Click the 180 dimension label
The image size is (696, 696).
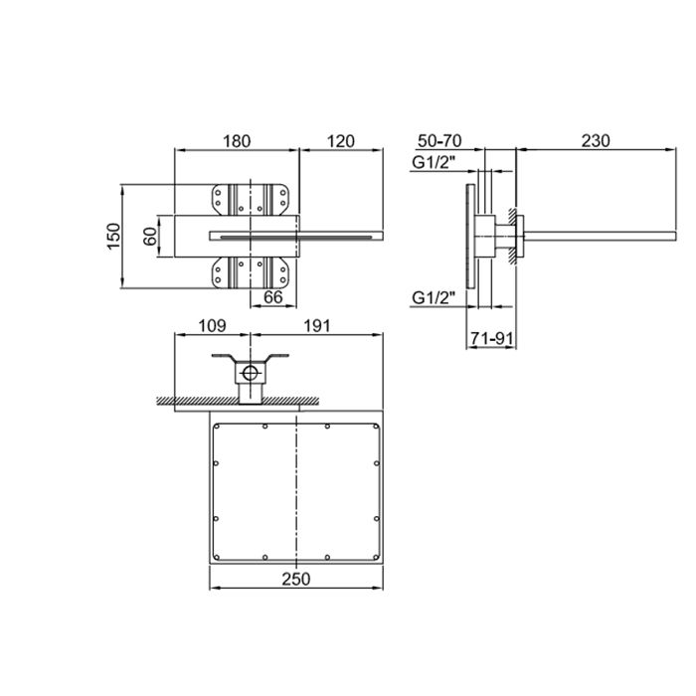click(237, 141)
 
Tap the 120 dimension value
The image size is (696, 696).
click(341, 141)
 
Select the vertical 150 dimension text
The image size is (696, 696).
click(114, 237)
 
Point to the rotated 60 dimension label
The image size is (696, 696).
click(150, 236)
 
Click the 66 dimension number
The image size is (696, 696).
click(272, 297)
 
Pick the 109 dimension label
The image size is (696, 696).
click(212, 326)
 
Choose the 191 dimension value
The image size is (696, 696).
click(316, 326)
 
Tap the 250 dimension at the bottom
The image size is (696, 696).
click(296, 579)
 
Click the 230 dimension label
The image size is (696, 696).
click(596, 141)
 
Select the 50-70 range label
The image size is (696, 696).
click(439, 141)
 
